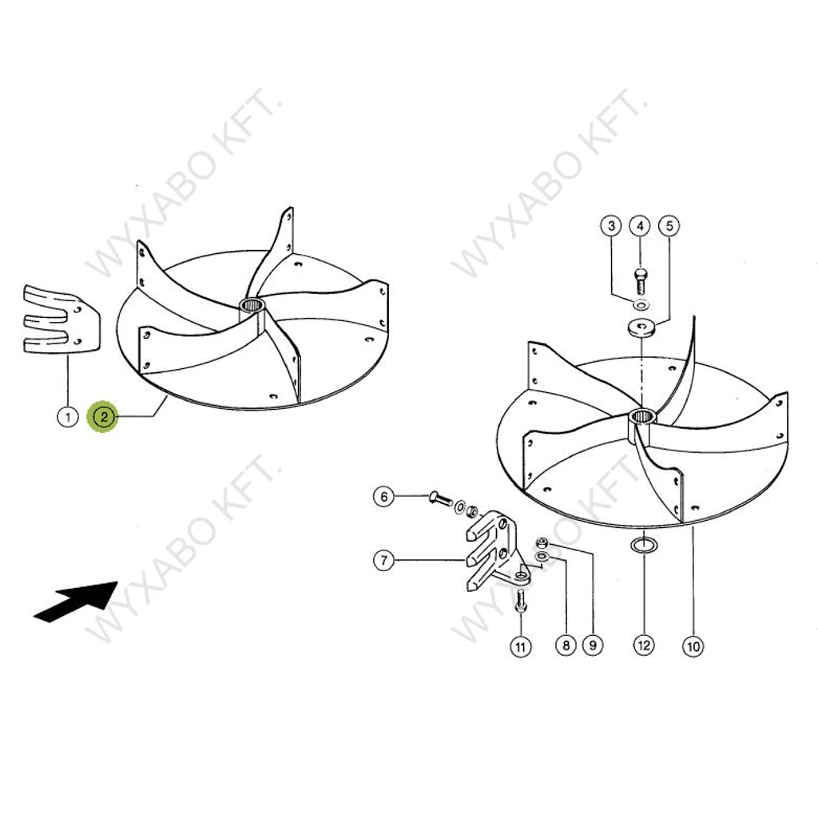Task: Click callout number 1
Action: click(67, 417)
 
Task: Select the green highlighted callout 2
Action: click(104, 417)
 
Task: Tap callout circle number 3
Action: click(611, 226)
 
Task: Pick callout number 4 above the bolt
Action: click(640, 226)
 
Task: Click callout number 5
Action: click(670, 226)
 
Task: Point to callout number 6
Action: click(384, 496)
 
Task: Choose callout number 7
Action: click(384, 560)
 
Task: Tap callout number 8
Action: click(566, 645)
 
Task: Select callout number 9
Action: click(593, 645)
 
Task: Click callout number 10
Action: click(693, 647)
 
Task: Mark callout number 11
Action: click(520, 647)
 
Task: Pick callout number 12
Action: click(645, 645)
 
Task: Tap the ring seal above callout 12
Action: click(645, 546)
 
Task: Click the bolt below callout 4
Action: click(641, 280)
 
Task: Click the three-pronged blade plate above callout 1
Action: click(62, 320)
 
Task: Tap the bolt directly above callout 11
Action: click(520, 602)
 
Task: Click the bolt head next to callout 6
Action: click(434, 497)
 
